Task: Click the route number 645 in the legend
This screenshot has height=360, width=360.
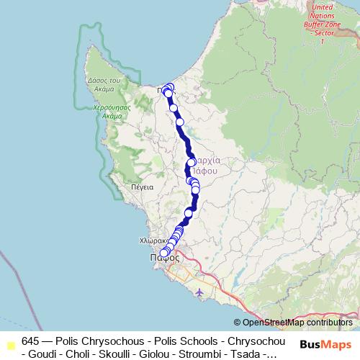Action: click(30, 340)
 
